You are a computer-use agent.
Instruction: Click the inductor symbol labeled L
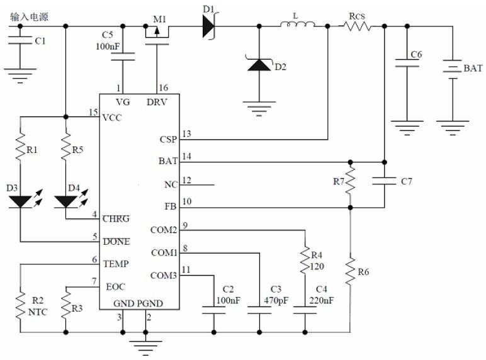click(298, 25)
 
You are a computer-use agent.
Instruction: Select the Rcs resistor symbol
click(357, 26)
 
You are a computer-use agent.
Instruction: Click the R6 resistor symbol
click(351, 269)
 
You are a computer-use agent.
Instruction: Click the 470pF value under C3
click(276, 300)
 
